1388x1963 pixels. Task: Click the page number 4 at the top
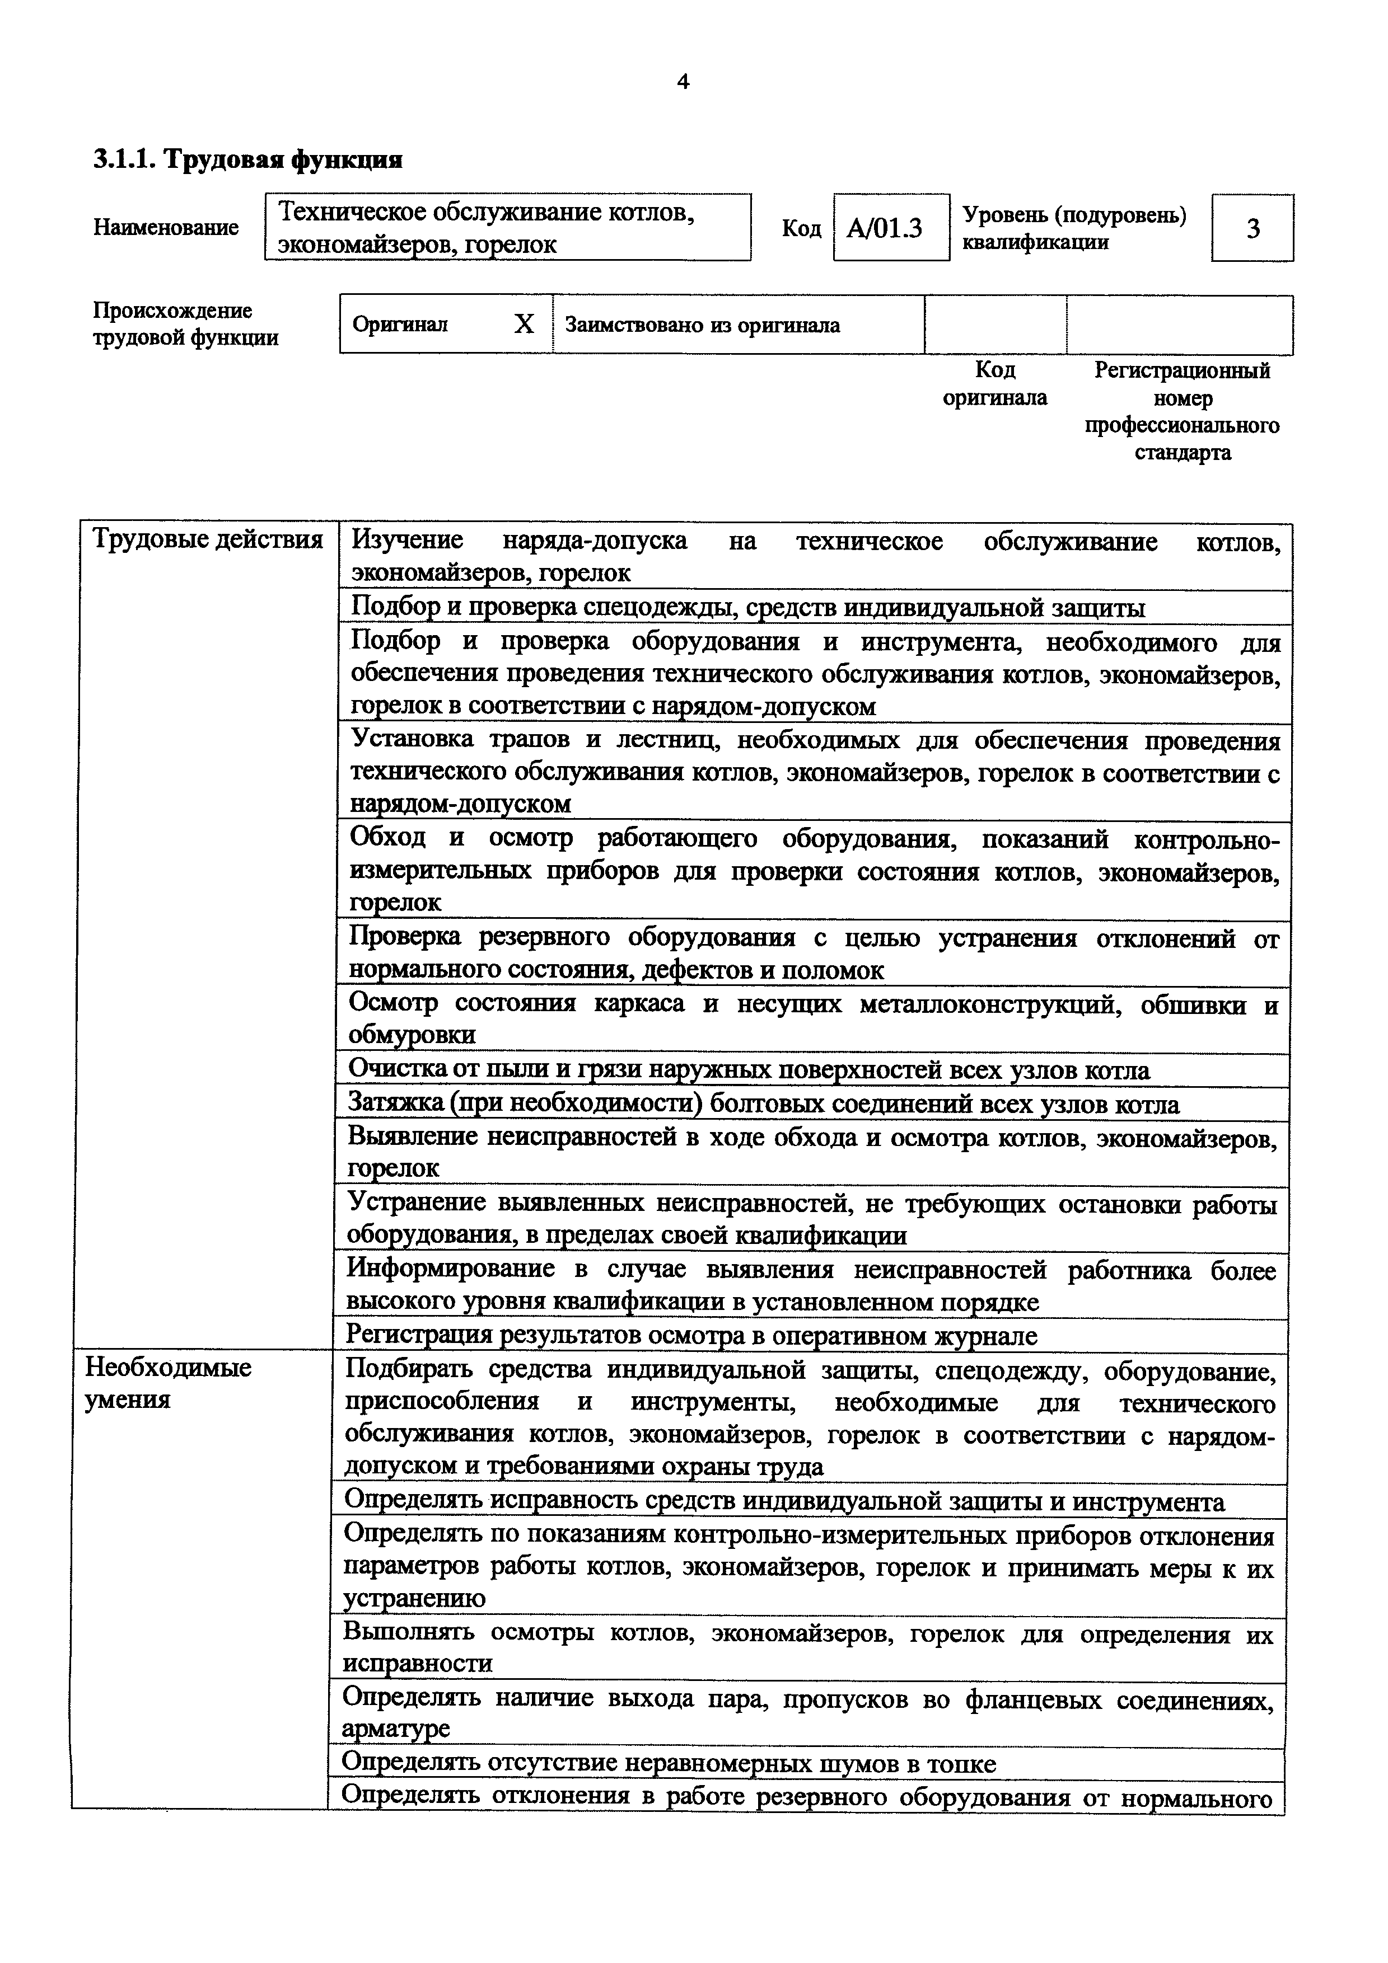[683, 82]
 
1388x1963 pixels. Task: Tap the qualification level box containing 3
[1252, 228]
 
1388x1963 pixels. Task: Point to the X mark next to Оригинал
[524, 324]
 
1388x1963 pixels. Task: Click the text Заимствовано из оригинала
[702, 325]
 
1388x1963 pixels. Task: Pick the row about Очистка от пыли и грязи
[748, 1070]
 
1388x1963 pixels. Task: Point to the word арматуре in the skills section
[395, 1728]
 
